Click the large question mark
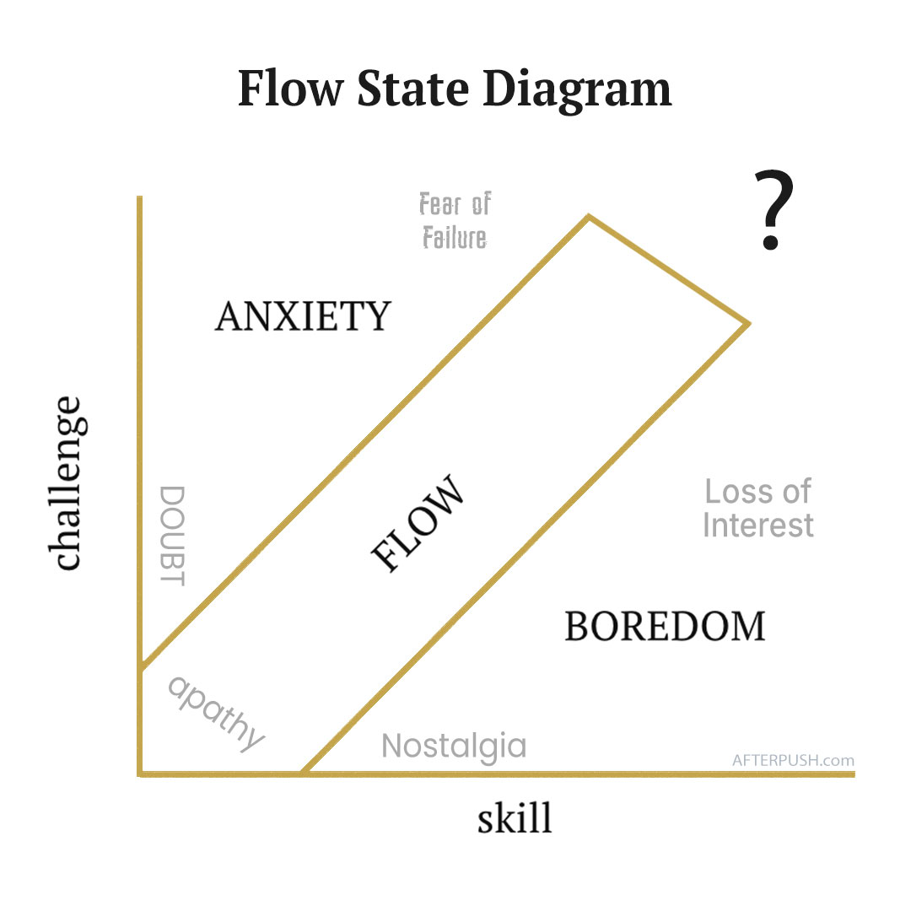pyautogui.click(x=773, y=211)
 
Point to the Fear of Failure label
pyautogui.click(x=455, y=221)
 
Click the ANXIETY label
pyautogui.click(x=303, y=316)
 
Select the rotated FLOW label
pyautogui.click(x=418, y=526)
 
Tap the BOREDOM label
pyautogui.click(x=665, y=626)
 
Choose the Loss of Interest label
pyautogui.click(x=757, y=508)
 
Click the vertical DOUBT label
pyautogui.click(x=172, y=535)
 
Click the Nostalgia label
pyautogui.click(x=454, y=746)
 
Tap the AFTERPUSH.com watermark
pyautogui.click(x=793, y=759)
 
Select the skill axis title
pyautogui.click(x=515, y=817)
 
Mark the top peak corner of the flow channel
pyautogui.click(x=589, y=217)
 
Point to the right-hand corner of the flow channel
pyautogui.click(x=748, y=322)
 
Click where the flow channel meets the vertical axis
pyautogui.click(x=141, y=667)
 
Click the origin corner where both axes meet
pyautogui.click(x=141, y=773)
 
